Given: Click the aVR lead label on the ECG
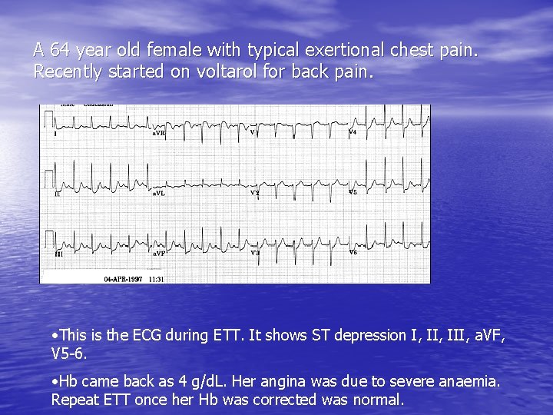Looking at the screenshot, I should point(158,134).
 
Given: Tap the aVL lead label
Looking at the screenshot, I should point(158,194).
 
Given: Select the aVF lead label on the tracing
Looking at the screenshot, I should point(158,253).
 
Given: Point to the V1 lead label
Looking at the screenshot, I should point(254,132).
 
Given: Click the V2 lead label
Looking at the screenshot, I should point(255,193).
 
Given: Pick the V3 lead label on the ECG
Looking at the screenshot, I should point(255,252).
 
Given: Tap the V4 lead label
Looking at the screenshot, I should point(353,132).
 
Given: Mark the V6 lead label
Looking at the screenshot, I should point(353,251).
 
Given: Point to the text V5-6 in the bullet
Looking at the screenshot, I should point(67,354).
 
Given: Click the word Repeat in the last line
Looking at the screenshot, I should point(73,400).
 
